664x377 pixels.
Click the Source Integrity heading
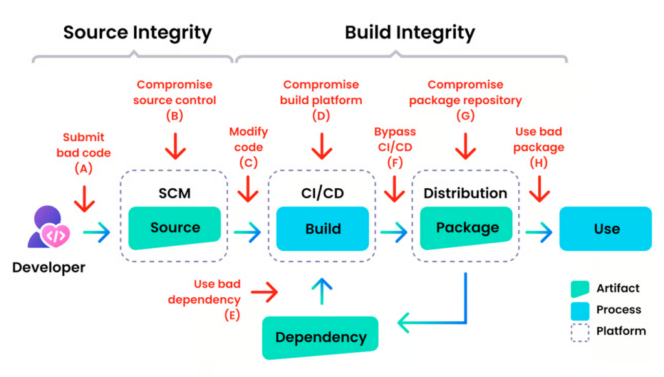(x=137, y=32)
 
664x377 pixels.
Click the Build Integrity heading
(x=410, y=32)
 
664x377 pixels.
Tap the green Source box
(x=175, y=228)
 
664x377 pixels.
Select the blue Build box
(x=323, y=228)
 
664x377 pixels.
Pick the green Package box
(x=467, y=228)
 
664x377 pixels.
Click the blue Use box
(x=606, y=228)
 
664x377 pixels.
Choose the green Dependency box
(x=320, y=337)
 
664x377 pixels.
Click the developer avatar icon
(x=46, y=226)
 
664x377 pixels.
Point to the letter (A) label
(x=83, y=168)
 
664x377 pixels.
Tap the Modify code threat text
(x=248, y=139)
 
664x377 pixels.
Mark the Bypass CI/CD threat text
(x=395, y=139)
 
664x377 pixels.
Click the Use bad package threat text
(x=539, y=139)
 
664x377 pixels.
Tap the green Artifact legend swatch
(x=580, y=289)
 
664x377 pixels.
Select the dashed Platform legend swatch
(x=580, y=332)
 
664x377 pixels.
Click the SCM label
(x=174, y=193)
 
